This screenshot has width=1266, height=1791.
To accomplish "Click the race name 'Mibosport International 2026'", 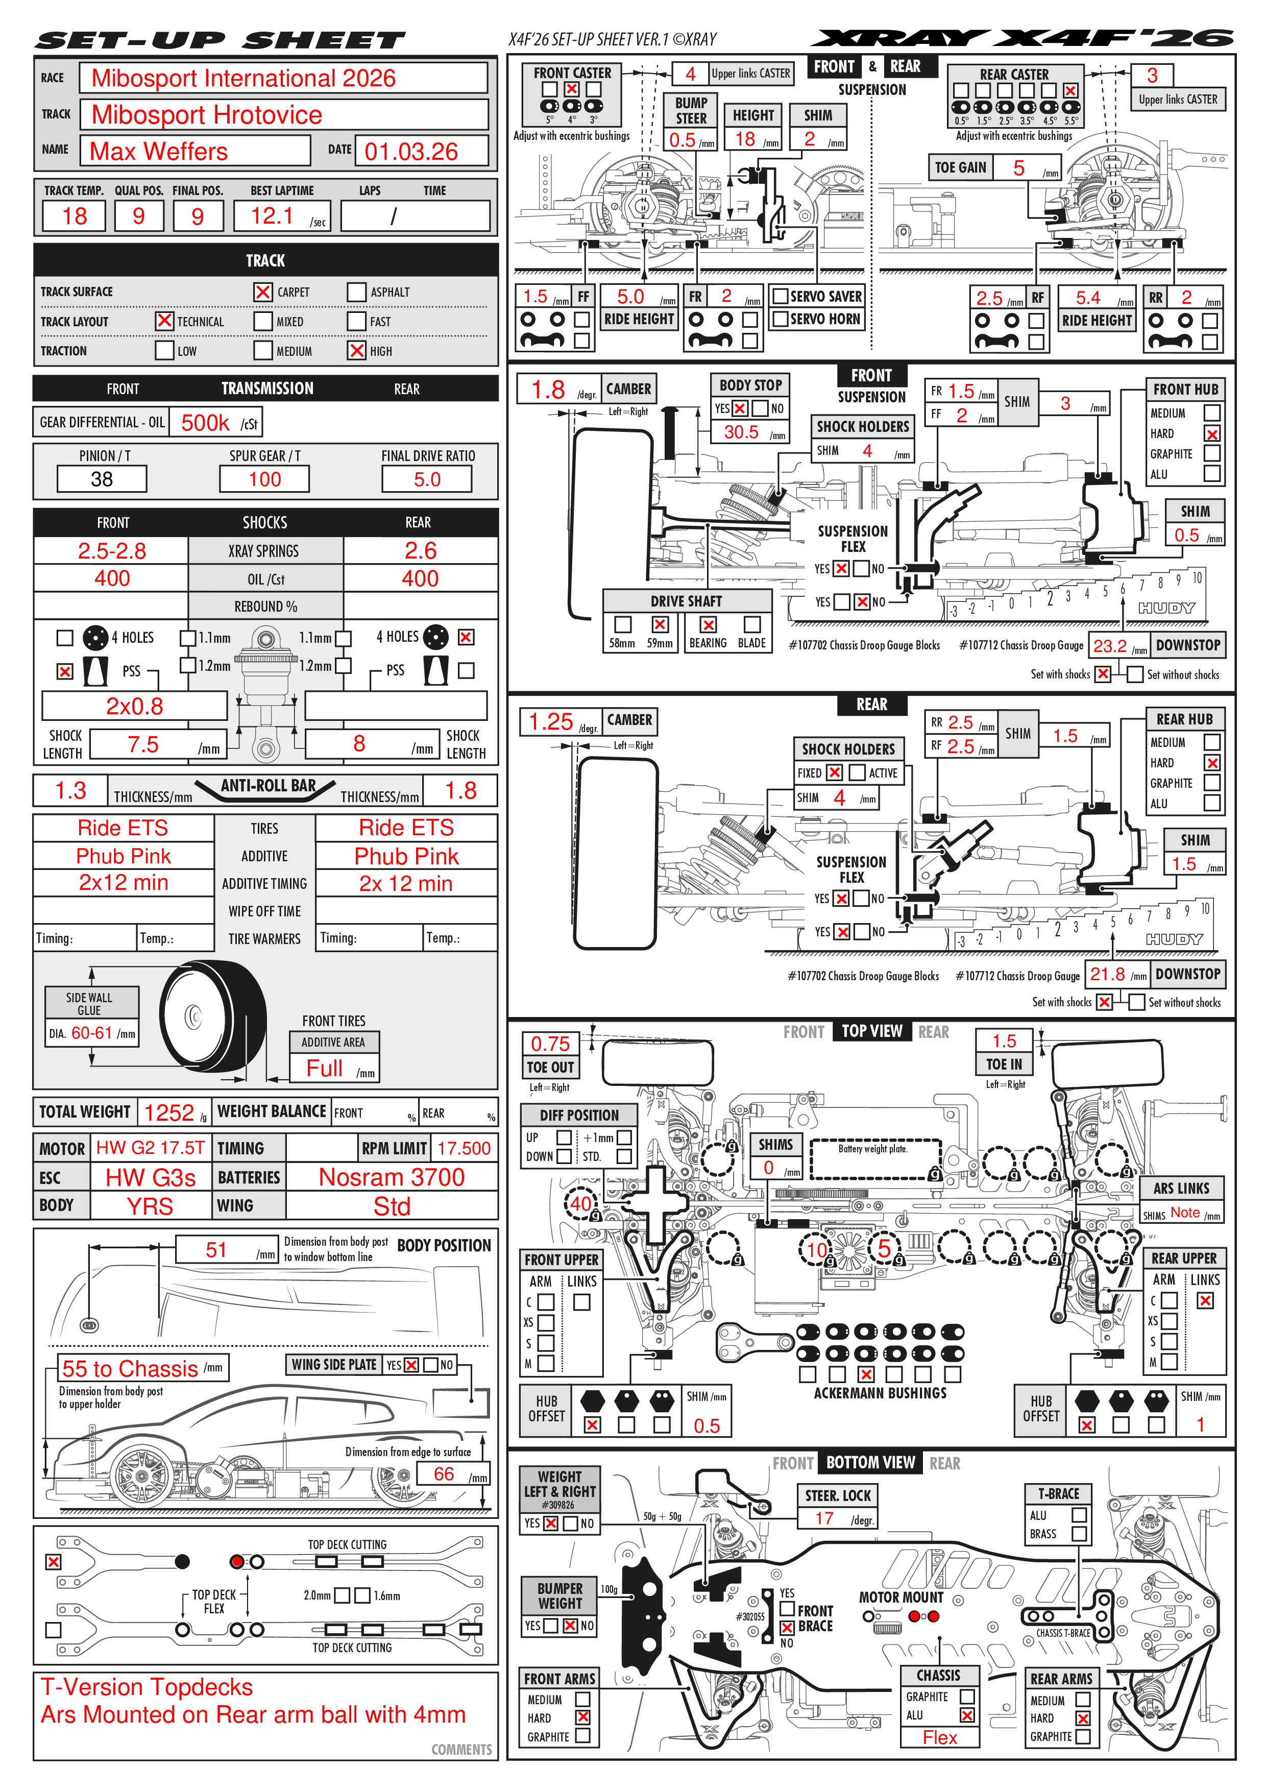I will (244, 78).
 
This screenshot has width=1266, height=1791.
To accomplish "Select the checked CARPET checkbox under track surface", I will (263, 292).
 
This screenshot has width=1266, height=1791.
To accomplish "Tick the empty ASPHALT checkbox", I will (356, 292).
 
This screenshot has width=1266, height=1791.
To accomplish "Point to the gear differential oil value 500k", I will (205, 423).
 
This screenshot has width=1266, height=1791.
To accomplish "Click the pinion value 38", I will (102, 479).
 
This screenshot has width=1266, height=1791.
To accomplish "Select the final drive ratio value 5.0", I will (427, 479).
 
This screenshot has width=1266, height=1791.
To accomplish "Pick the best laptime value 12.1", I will (272, 215).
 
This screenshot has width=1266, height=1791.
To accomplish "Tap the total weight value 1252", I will (169, 1112).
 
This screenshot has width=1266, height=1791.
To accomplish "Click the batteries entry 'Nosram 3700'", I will (392, 1177).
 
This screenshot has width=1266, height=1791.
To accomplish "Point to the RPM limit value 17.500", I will (464, 1148).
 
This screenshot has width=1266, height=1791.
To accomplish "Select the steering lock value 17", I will (824, 1518).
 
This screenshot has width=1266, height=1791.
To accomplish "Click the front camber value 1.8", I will (548, 389).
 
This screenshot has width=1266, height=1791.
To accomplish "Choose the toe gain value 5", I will (1019, 167).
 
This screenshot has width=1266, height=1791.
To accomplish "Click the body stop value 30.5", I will (741, 432).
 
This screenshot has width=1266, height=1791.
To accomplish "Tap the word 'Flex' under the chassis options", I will (940, 1737).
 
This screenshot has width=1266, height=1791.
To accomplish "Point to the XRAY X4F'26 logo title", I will (1022, 38).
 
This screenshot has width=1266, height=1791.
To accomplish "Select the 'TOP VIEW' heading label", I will (871, 1031).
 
